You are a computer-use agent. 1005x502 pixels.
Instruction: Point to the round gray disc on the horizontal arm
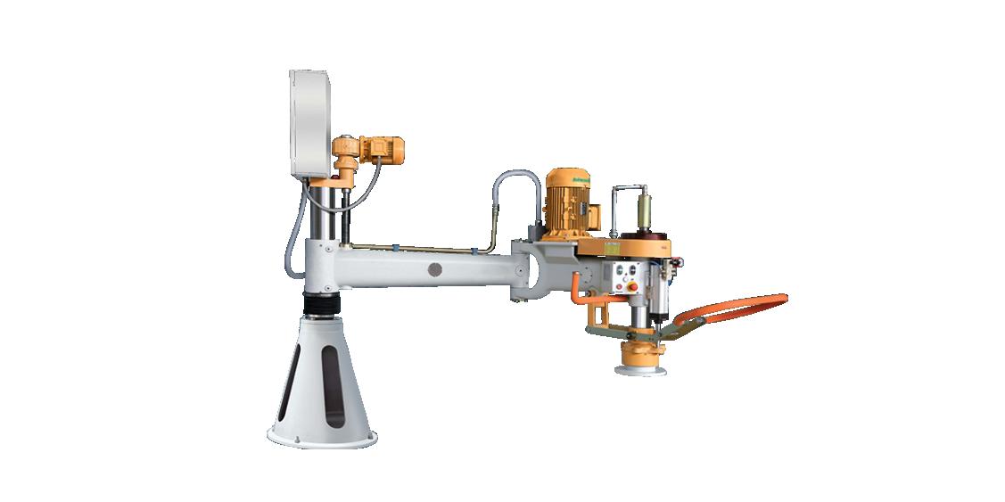(435, 268)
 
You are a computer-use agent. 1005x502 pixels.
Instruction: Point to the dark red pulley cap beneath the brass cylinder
(643, 239)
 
